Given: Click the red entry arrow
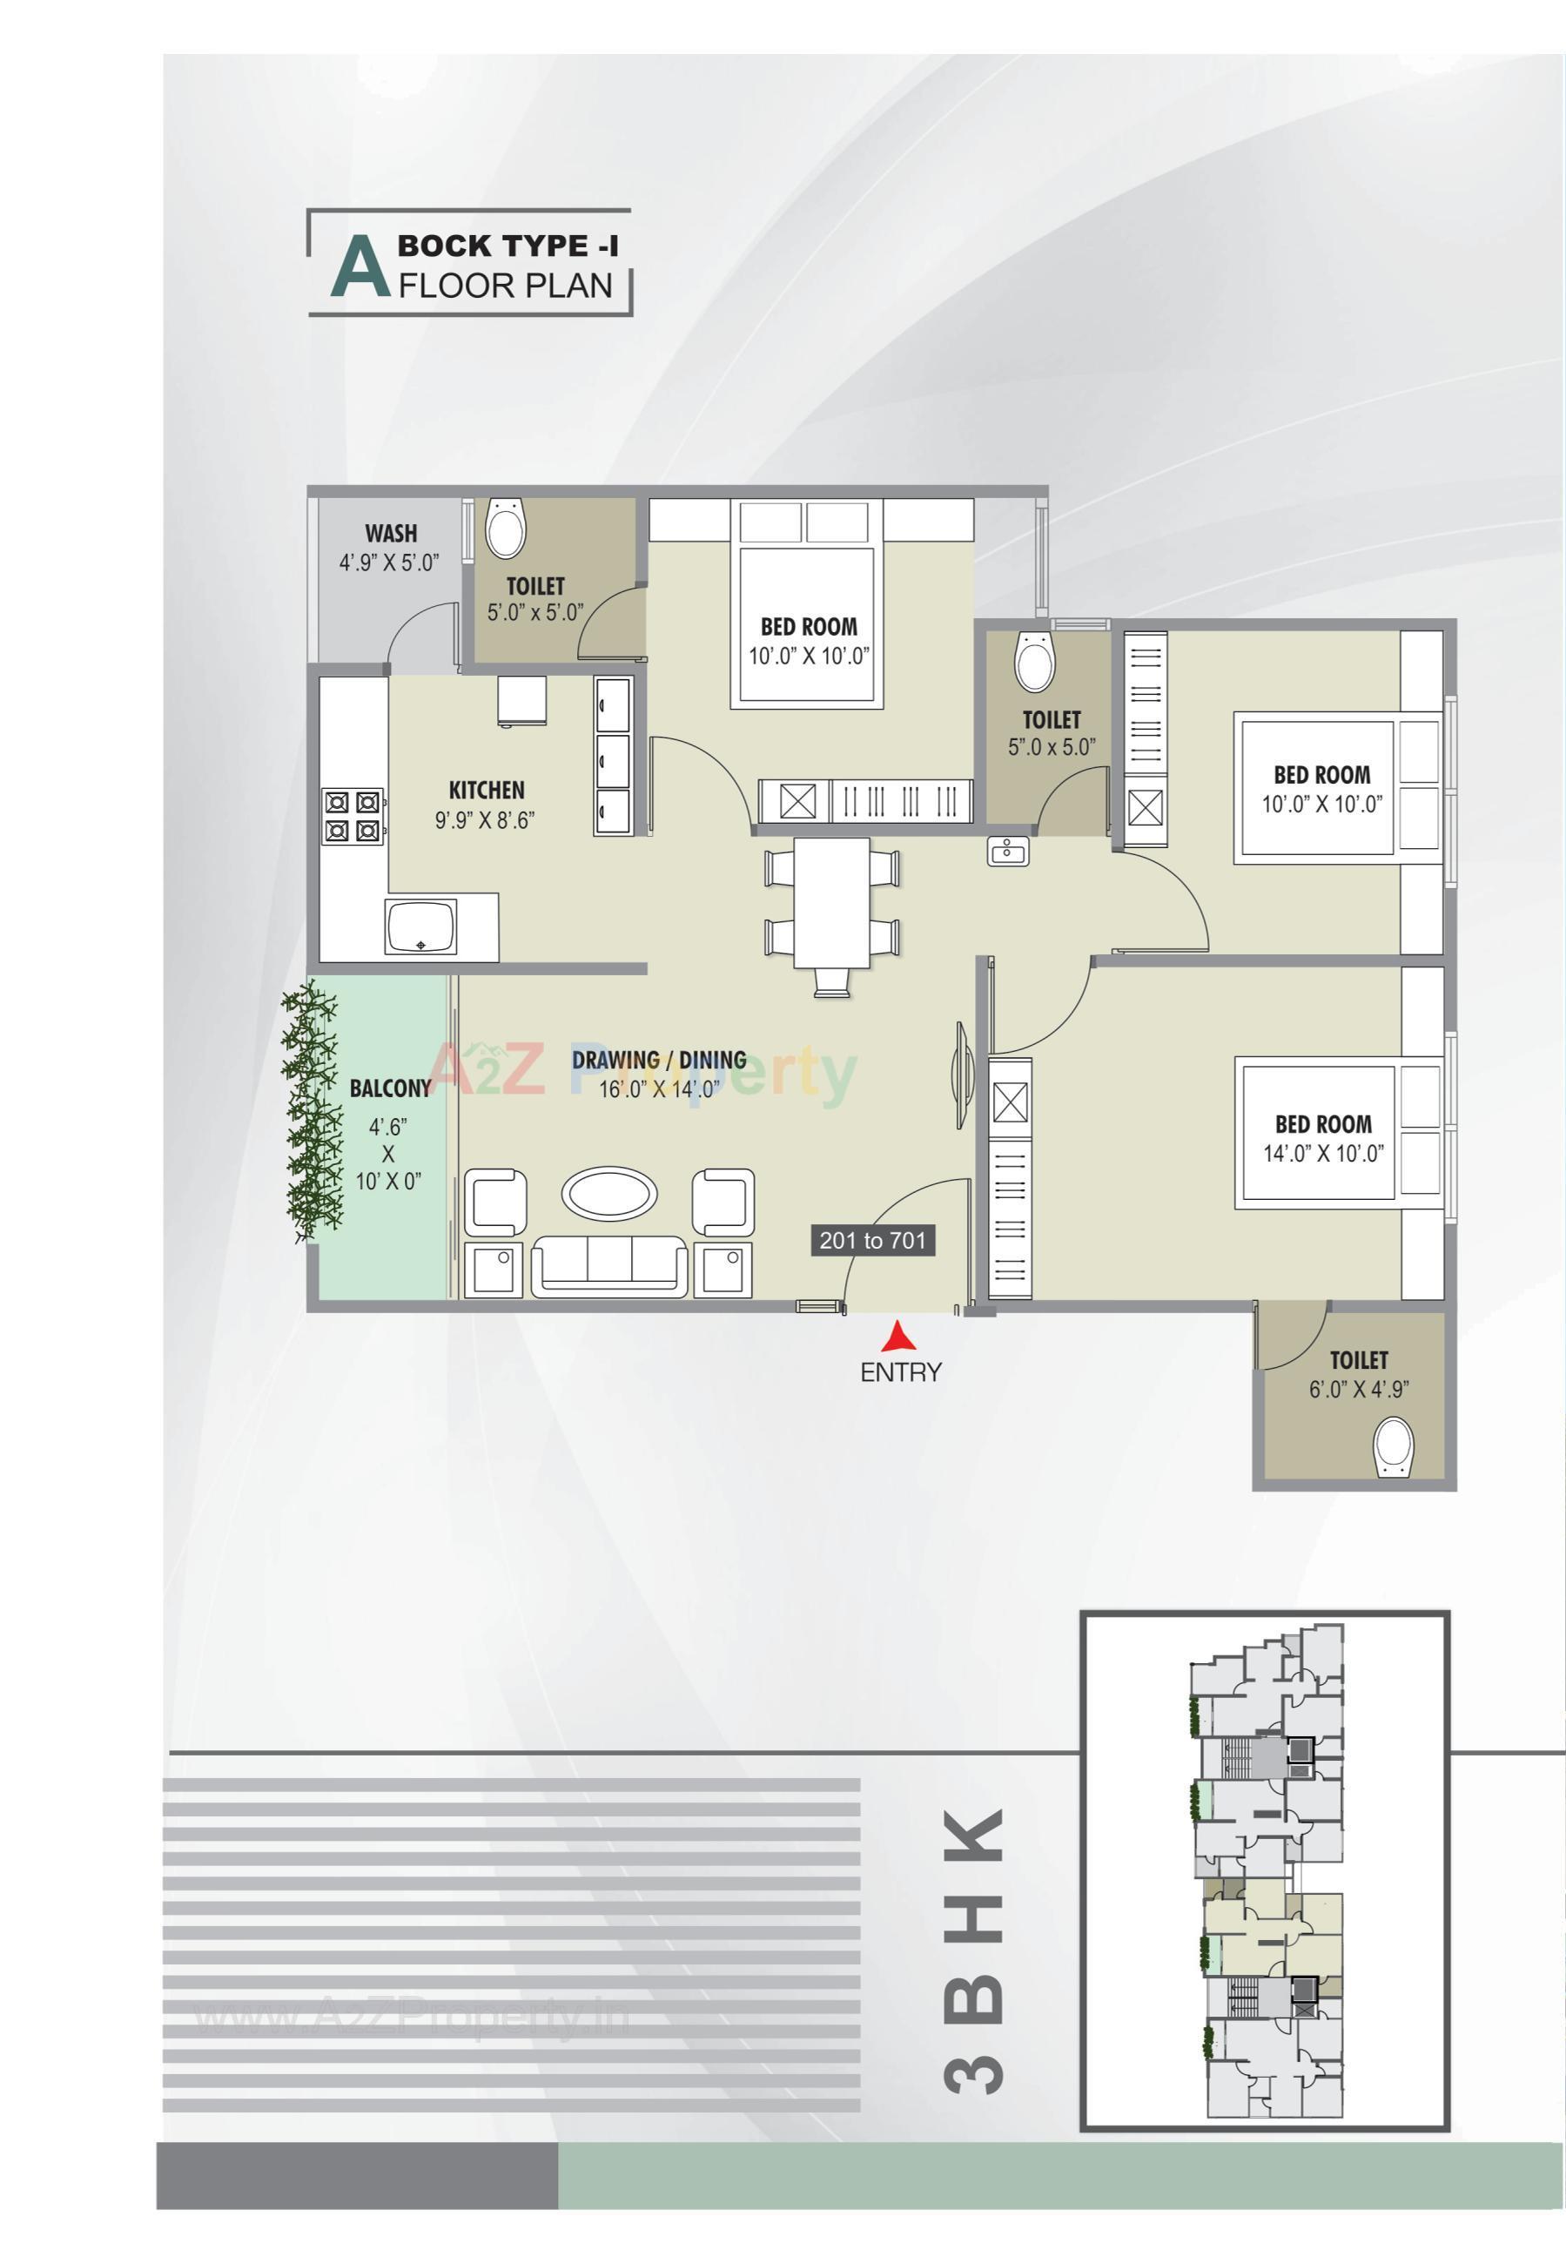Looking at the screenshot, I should click(896, 1338).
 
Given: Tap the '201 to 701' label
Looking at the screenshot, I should click(872, 1241).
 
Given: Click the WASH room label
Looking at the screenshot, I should click(391, 534).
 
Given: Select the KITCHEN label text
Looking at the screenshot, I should click(487, 790).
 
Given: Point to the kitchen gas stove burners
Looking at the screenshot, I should click(353, 817).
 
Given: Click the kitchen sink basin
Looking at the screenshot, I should click(422, 926).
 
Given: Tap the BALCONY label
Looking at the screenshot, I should click(389, 1088).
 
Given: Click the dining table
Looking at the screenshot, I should click(832, 903).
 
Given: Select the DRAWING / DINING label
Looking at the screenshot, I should click(659, 1059).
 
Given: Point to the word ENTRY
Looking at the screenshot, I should click(900, 1373).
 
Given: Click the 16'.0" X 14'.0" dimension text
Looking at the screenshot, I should click(659, 1088).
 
